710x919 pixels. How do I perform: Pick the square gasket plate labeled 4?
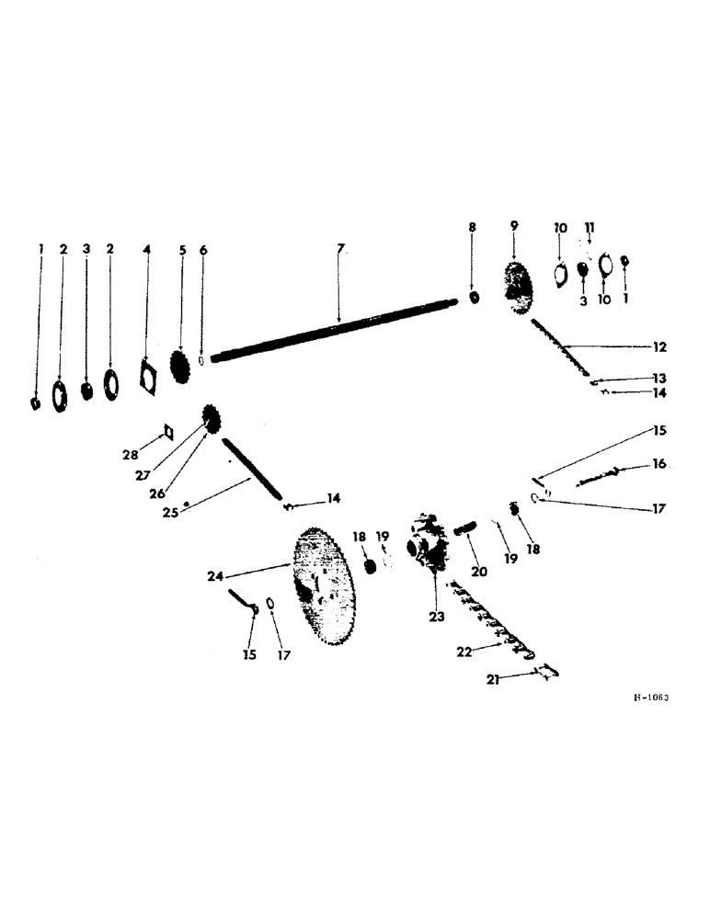[146, 375]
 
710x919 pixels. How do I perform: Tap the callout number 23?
[435, 617]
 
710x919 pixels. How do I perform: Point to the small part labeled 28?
[168, 432]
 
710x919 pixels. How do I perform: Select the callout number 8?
[472, 226]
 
